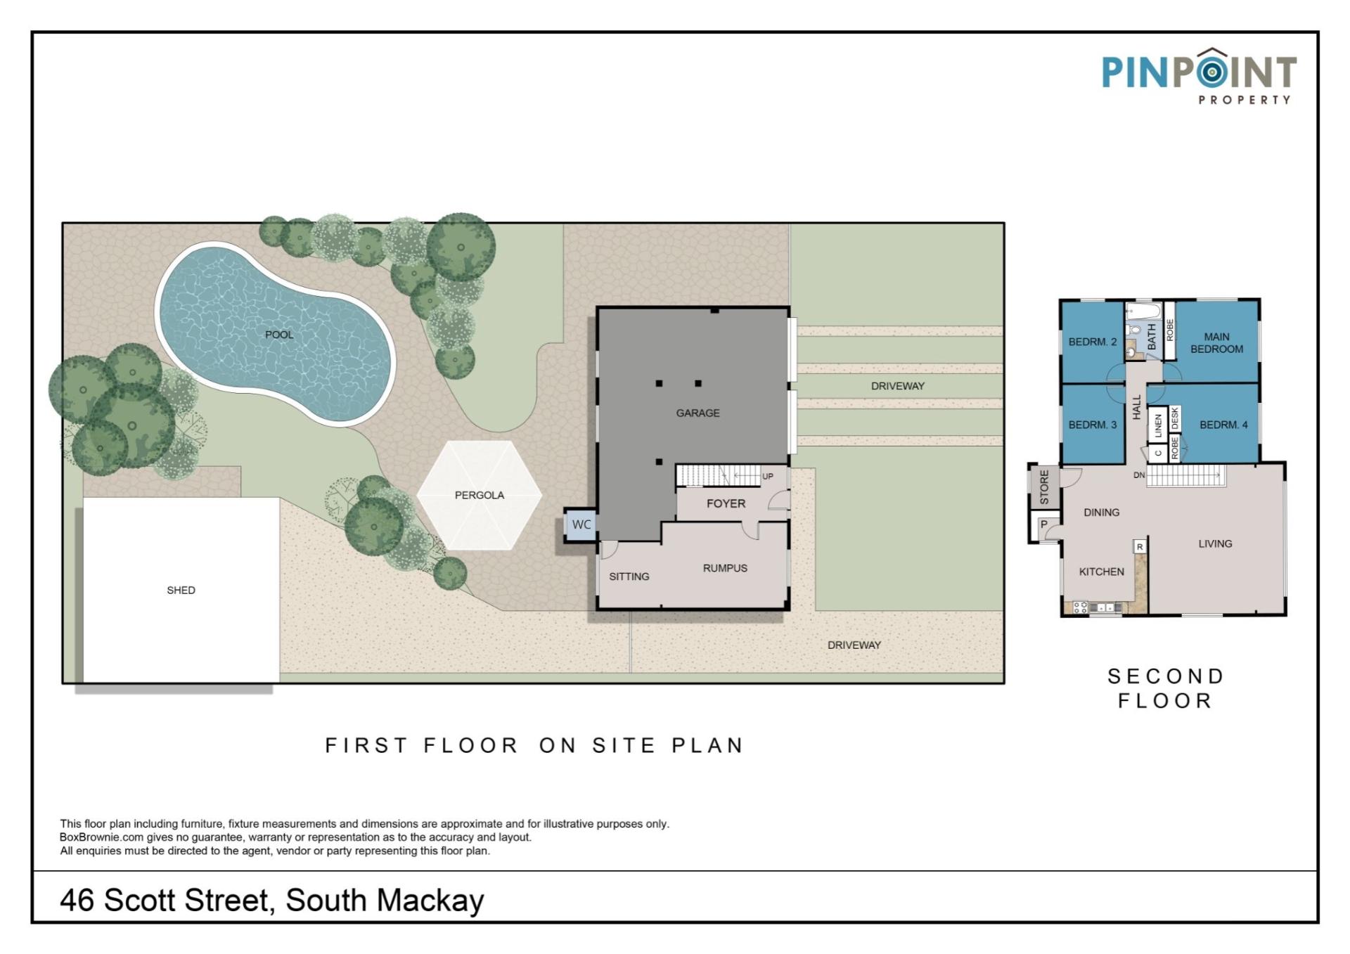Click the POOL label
coord(279,335)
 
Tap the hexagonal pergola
coord(480,495)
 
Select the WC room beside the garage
coord(581,524)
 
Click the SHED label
coord(181,591)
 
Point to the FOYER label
coord(726,504)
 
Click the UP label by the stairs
coord(768,476)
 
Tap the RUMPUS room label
coord(725,568)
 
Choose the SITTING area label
coord(629,576)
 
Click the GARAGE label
coord(697,413)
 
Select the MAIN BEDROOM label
coord(1216,343)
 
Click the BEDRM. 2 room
coord(1092,342)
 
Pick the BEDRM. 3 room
coord(1092,425)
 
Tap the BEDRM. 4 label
coord(1223,425)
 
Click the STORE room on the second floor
coord(1044,486)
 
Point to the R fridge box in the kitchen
coord(1140,546)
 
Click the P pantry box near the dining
coord(1044,524)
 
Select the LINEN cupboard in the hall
coord(1158,425)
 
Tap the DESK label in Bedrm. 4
coord(1174,419)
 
